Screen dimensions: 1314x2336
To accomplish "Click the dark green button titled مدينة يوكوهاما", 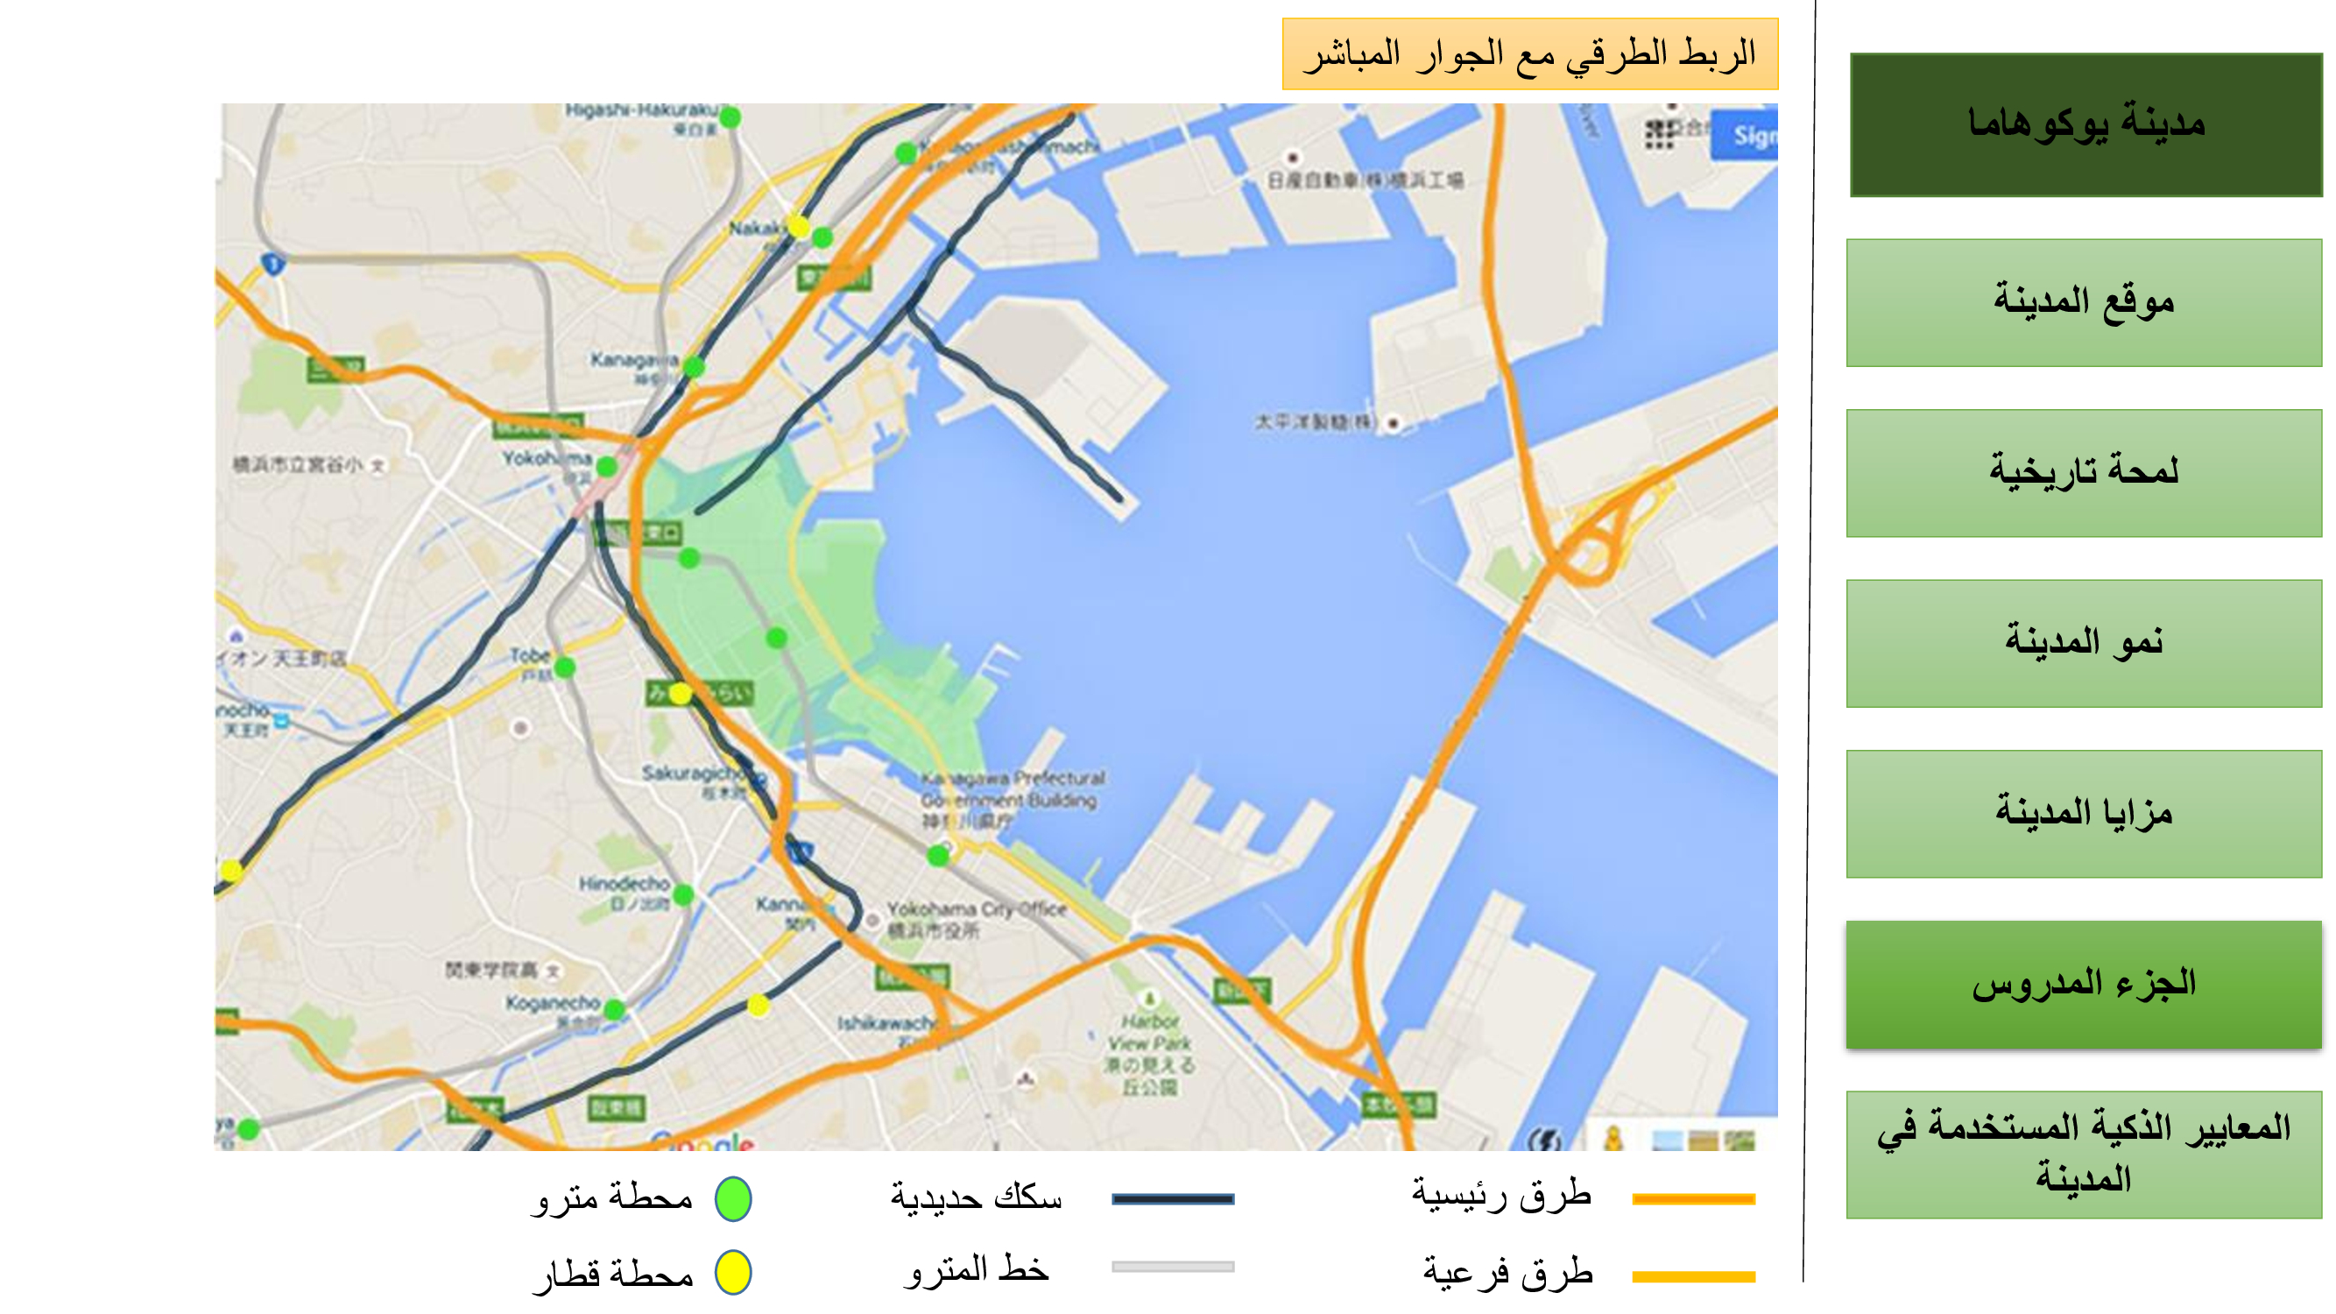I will pos(2085,125).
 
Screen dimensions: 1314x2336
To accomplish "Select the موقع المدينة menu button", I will pos(2083,303).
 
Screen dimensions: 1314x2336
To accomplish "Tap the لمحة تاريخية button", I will pos(2083,472).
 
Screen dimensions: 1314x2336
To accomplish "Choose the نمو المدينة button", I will pos(2083,643).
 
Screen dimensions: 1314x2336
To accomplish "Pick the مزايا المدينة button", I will pos(2083,814).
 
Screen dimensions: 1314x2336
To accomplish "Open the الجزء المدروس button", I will pos(2083,985).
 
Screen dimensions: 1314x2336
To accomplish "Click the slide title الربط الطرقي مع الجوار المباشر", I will pos(1529,54).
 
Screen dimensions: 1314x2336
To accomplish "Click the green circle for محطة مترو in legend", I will pos(733,1199).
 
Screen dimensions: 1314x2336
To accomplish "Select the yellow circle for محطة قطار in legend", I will pos(733,1272).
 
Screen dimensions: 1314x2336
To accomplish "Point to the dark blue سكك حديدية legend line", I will pos(1173,1199).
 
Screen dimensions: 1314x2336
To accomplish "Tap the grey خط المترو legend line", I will pos(1173,1267).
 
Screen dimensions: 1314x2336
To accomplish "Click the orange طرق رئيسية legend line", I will pos(1693,1199).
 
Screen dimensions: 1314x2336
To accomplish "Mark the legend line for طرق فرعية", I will pos(1693,1276).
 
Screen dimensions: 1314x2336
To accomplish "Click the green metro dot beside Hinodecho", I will pos(684,895).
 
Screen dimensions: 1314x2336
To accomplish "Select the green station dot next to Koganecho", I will pos(614,1008).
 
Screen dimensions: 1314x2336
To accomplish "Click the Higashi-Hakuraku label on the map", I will pos(641,110).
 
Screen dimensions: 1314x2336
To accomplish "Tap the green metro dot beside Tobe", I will pos(564,668).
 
